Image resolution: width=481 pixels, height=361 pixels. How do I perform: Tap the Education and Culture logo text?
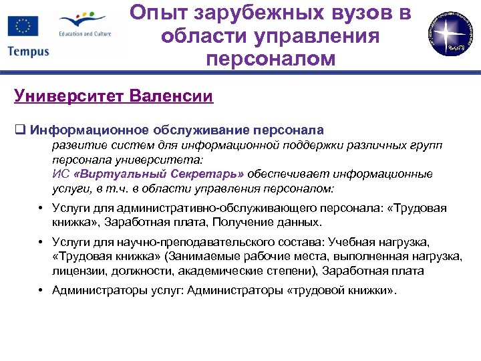pos(84,33)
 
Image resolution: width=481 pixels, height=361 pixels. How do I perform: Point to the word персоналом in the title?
pos(270,58)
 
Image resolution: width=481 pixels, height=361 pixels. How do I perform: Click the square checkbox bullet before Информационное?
pos(19,130)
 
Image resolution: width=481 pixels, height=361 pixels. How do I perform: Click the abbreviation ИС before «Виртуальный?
pos(58,174)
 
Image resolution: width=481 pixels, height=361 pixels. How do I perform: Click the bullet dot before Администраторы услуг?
pos(41,291)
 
